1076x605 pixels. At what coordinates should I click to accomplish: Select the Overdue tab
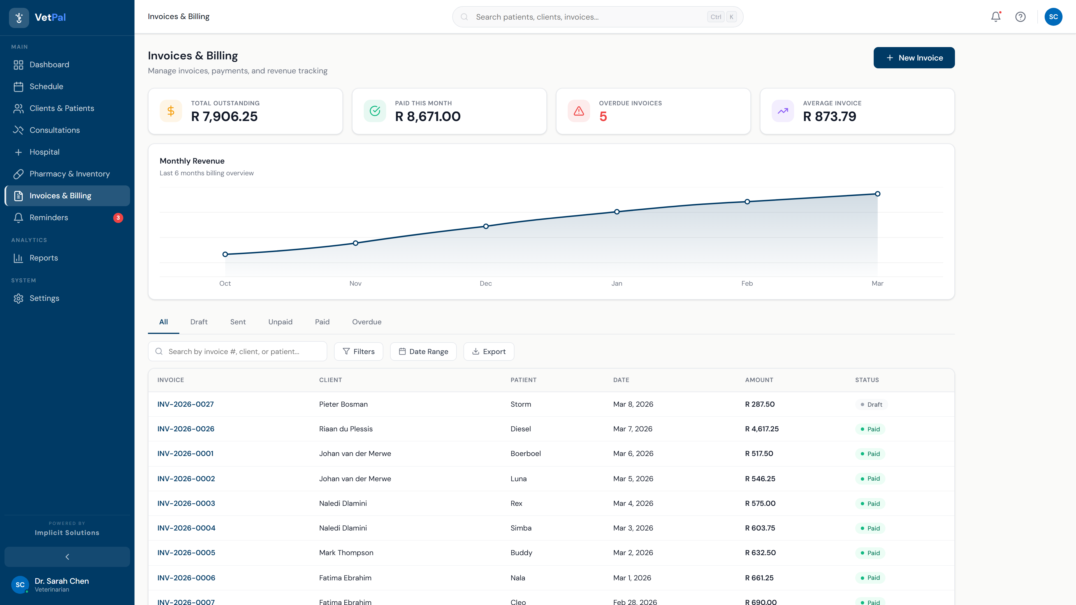(x=366, y=322)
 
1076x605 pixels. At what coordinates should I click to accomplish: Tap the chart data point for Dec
(x=486, y=226)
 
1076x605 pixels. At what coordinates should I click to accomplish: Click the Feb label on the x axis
(x=747, y=283)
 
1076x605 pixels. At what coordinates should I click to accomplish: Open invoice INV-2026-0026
(x=185, y=429)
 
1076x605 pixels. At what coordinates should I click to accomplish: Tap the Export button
(x=488, y=352)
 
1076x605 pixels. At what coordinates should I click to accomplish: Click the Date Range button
(x=423, y=352)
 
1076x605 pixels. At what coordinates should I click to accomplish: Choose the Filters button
(x=358, y=352)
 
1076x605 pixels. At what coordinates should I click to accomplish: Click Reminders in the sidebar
(x=48, y=218)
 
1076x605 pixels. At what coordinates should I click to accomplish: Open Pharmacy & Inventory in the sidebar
(x=69, y=174)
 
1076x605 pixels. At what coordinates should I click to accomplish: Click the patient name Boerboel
(x=525, y=453)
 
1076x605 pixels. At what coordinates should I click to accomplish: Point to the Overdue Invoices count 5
(x=603, y=117)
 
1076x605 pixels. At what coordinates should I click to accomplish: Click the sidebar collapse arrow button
(x=67, y=557)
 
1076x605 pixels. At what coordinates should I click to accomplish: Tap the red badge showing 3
(x=118, y=218)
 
